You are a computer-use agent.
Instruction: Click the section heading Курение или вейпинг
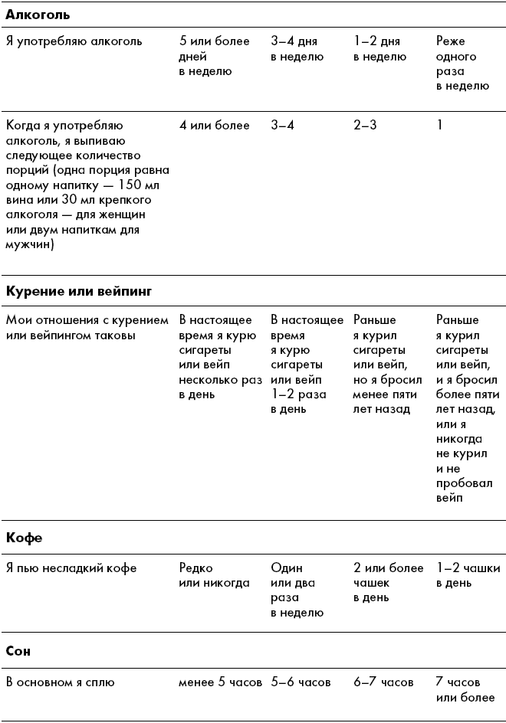[x=80, y=292]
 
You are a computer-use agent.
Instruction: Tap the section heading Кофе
[x=24, y=538]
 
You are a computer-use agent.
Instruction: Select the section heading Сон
[x=18, y=651]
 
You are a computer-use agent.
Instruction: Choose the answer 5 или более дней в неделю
[x=214, y=56]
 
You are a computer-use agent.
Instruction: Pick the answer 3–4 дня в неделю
[x=297, y=49]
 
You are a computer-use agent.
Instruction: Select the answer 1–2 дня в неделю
[x=379, y=49]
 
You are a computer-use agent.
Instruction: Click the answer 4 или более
[x=214, y=125]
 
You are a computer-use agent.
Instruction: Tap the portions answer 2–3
[x=365, y=125]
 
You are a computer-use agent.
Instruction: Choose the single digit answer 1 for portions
[x=440, y=125]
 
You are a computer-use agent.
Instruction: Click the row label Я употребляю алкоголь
[x=74, y=41]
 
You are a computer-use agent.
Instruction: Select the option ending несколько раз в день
[x=220, y=357]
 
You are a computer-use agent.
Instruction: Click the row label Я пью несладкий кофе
[x=71, y=568]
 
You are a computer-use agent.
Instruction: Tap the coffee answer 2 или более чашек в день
[x=388, y=583]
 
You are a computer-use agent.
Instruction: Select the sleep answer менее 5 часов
[x=221, y=682]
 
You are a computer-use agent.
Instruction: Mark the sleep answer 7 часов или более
[x=465, y=689]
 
